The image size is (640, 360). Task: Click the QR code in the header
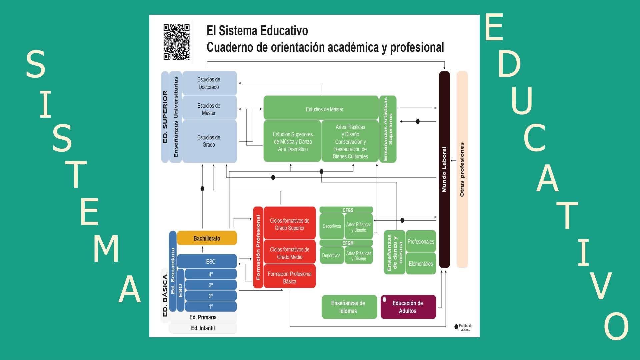click(176, 42)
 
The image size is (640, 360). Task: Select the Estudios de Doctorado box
click(209, 83)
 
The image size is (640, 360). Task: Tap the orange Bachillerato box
click(207, 238)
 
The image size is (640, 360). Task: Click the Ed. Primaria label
click(203, 317)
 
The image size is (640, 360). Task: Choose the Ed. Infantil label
click(203, 328)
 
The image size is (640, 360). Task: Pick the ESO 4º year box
click(211, 274)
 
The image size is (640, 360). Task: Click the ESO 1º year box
click(211, 306)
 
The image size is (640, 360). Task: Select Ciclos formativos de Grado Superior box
click(289, 224)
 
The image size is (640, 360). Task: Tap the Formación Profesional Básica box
click(289, 277)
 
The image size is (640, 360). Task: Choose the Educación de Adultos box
click(408, 307)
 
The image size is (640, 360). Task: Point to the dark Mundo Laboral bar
click(444, 169)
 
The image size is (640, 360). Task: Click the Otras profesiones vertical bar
click(462, 169)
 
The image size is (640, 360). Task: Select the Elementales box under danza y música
click(421, 264)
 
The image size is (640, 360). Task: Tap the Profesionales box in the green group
click(421, 242)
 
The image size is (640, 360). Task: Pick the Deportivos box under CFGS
click(332, 226)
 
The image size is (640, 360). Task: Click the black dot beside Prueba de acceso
click(456, 327)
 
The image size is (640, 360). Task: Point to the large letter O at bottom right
click(616, 326)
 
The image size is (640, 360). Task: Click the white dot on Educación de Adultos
click(384, 300)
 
